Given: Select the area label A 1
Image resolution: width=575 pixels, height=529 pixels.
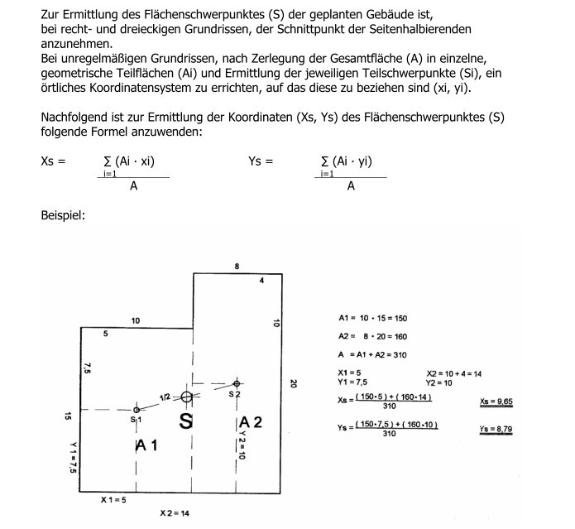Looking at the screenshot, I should tap(146, 445).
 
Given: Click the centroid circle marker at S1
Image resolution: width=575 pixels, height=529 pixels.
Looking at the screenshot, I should tap(136, 409).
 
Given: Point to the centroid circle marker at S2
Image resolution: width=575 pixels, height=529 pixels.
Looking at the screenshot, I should tap(237, 383).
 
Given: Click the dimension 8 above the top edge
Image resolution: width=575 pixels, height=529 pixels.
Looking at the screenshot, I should tap(237, 267).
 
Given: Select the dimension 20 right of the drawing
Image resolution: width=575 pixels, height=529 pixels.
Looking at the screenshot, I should tap(294, 383).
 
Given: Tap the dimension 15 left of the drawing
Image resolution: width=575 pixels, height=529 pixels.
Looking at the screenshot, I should tap(68, 416).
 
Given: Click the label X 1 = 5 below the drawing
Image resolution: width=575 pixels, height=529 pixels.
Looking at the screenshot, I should tap(113, 500).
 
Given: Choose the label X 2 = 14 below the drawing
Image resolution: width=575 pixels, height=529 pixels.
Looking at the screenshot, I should tap(175, 513).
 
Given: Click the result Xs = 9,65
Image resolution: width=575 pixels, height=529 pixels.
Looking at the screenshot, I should tap(496, 402).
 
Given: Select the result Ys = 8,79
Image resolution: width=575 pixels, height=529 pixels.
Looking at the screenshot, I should tap(495, 429).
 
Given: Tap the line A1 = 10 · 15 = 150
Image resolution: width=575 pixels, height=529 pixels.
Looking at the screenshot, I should tap(373, 318).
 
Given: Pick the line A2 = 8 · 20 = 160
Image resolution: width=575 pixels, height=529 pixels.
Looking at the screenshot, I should tap(373, 337).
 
